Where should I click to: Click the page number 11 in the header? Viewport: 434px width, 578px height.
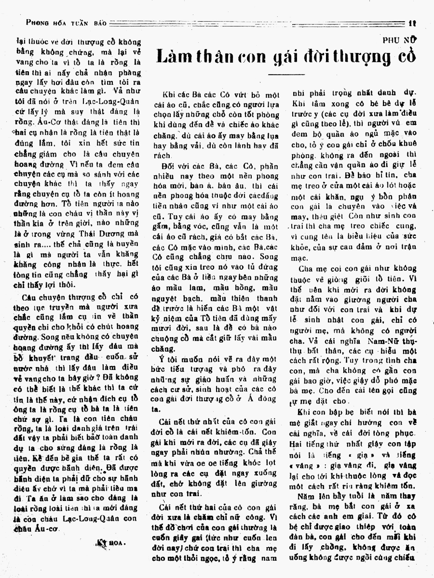tap(411, 23)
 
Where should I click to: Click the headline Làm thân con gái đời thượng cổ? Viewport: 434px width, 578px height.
tap(286, 57)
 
